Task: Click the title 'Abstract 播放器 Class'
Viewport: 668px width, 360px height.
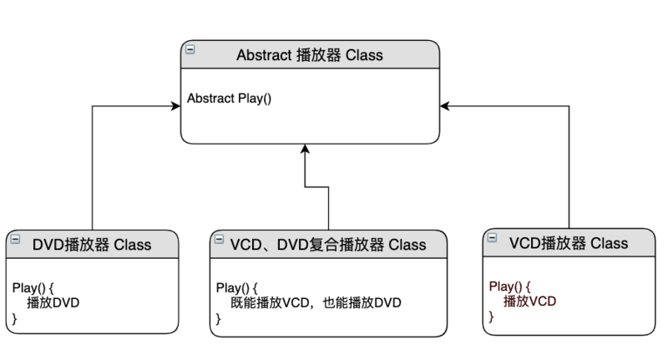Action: [x=309, y=55]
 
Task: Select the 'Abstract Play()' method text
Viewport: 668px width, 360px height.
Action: [x=230, y=98]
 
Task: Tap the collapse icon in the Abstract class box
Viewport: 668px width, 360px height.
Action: [x=190, y=49]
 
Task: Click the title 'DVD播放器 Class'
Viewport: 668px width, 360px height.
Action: [x=92, y=245]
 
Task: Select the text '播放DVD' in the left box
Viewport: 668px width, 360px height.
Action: [x=53, y=303]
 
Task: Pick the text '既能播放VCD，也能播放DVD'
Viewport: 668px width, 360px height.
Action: [x=311, y=303]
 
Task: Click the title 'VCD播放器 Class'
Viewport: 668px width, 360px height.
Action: [x=568, y=243]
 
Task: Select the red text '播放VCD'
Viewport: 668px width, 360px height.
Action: [x=529, y=301]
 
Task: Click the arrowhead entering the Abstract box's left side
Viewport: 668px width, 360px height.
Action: [x=187, y=106]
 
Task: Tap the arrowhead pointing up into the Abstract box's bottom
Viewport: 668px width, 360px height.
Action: [x=305, y=148]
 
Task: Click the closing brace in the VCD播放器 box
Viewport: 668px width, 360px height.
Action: [x=491, y=316]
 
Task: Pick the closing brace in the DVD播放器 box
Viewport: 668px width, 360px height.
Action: [x=14, y=318]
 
